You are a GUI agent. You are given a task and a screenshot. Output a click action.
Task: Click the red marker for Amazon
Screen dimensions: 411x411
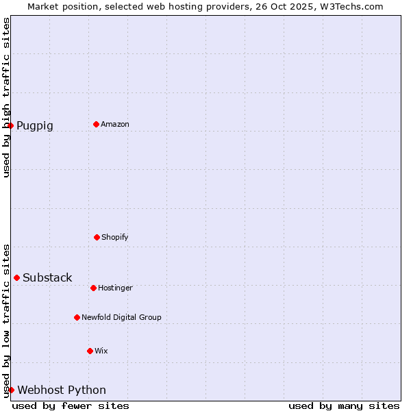pos(96,124)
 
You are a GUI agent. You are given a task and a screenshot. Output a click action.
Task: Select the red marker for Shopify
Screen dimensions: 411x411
pos(97,237)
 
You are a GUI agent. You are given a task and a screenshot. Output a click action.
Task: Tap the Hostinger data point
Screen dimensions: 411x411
pos(93,288)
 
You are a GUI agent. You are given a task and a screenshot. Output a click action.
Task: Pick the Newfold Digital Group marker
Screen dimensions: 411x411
pos(77,317)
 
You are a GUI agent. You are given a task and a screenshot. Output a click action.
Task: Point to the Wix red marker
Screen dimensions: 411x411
pos(90,351)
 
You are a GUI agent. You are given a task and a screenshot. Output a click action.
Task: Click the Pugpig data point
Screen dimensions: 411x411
pos(10,125)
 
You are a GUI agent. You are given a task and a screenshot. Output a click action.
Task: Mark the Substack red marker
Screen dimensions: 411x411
pos(16,277)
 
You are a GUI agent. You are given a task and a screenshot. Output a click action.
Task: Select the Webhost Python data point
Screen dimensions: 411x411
pos(11,390)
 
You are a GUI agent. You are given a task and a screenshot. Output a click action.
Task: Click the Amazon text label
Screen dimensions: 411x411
pos(115,125)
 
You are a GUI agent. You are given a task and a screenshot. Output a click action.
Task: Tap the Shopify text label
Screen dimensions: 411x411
pos(115,238)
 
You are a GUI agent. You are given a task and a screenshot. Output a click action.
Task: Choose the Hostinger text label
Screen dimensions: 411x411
pos(115,288)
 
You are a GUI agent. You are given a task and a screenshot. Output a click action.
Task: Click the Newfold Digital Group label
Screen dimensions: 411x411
pos(121,318)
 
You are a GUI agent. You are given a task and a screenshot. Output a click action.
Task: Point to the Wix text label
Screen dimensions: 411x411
pos(101,351)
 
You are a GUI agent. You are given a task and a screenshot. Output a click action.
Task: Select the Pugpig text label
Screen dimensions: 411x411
pos(35,126)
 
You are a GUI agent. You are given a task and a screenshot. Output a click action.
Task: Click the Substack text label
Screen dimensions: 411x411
pos(47,278)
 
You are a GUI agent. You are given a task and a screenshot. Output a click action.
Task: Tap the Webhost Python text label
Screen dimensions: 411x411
pos(62,390)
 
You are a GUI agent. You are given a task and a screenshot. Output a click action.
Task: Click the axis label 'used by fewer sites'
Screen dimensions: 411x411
pos(71,406)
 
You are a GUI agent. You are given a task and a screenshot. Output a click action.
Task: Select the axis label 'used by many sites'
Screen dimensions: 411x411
pos(344,406)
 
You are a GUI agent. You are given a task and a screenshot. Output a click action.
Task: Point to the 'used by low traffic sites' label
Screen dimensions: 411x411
pos(7,321)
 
